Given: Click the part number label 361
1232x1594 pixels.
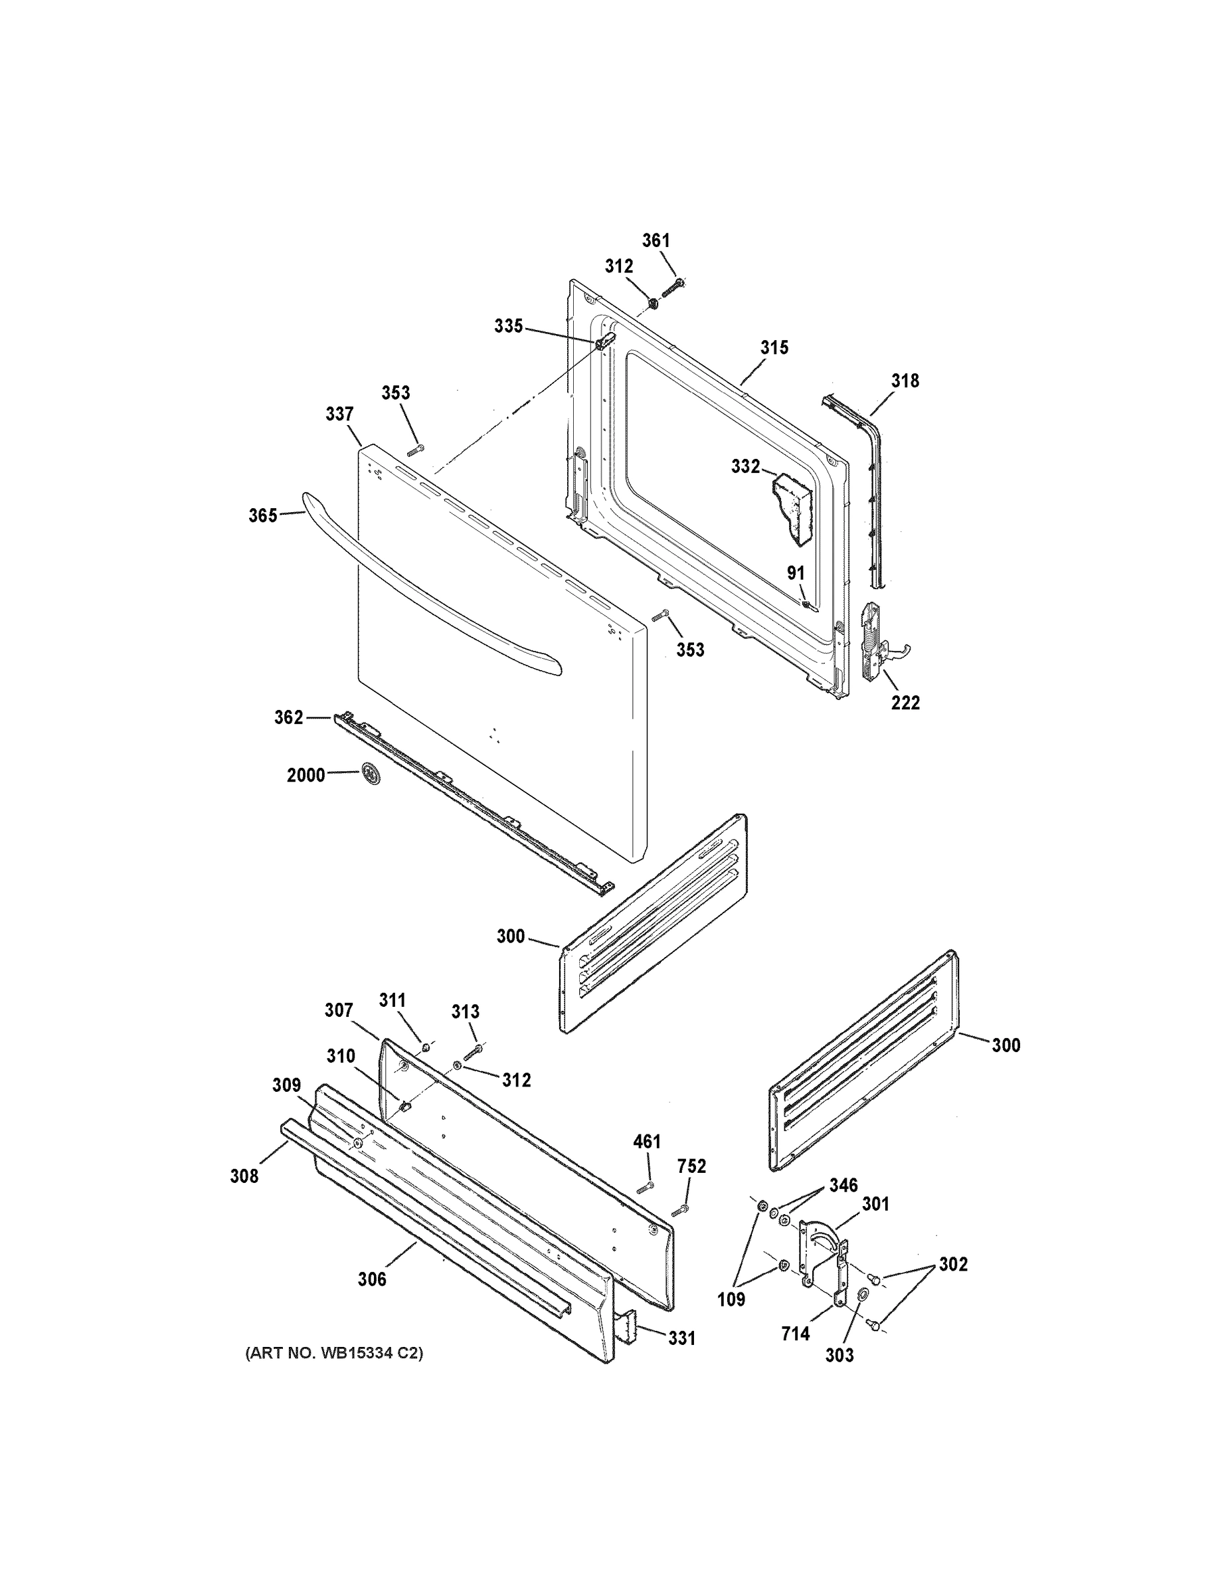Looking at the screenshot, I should [656, 240].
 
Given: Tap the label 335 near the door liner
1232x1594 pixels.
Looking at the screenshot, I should [508, 326].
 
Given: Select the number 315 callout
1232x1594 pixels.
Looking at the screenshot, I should [774, 347].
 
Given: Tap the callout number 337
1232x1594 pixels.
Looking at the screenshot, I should [339, 414].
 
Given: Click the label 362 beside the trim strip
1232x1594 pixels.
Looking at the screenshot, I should [288, 717].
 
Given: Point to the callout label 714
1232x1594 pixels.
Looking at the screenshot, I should [795, 1334].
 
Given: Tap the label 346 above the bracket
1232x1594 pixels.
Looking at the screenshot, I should [843, 1186].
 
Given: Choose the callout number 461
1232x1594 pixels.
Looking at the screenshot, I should [647, 1142].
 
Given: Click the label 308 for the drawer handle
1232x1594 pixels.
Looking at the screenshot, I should [244, 1176].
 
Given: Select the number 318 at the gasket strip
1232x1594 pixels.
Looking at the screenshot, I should [905, 381].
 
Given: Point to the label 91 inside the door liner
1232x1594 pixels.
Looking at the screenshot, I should [796, 574].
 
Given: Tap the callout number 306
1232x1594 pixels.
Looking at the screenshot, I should [371, 1279].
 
